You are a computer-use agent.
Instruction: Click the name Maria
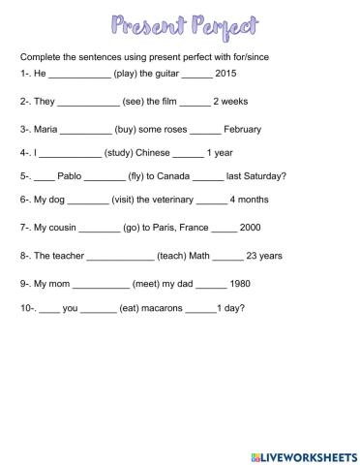[47, 128]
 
